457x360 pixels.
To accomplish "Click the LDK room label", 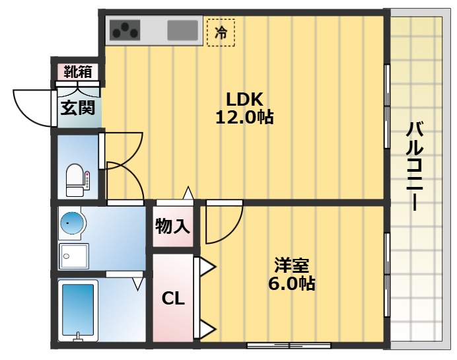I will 244,100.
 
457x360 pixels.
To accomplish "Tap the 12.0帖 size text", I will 244,118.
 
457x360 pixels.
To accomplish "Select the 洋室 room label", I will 292,266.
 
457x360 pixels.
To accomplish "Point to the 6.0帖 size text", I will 292,284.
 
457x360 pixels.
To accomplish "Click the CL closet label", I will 173,299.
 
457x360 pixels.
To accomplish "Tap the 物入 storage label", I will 173,227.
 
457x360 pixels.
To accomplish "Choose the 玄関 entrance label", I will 77,107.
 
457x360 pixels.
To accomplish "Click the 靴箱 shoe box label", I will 77,71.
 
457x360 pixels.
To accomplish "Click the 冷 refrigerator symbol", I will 221,32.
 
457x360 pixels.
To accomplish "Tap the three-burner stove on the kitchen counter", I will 125,30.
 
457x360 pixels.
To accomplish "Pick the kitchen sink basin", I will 182,30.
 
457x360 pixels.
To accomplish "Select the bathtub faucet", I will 78,336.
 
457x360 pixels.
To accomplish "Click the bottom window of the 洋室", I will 289,345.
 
